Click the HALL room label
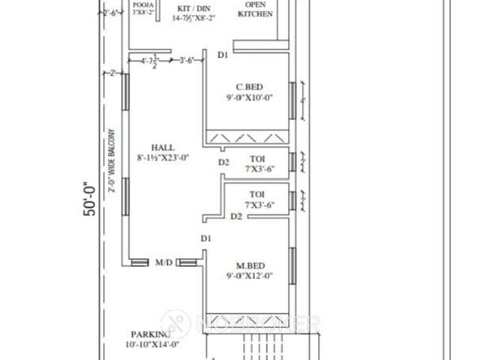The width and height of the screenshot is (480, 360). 163,147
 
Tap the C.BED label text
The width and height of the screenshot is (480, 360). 248,85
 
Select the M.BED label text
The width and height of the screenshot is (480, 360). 248,265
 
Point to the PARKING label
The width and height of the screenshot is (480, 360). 151,334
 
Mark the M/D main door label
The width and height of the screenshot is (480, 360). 164,262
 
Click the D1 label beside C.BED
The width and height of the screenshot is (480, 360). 223,55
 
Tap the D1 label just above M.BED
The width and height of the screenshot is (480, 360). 205,238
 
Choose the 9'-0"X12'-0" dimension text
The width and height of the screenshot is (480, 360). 248,276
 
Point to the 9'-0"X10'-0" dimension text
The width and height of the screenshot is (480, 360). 248,97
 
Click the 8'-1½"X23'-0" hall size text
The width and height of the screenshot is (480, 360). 163,157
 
